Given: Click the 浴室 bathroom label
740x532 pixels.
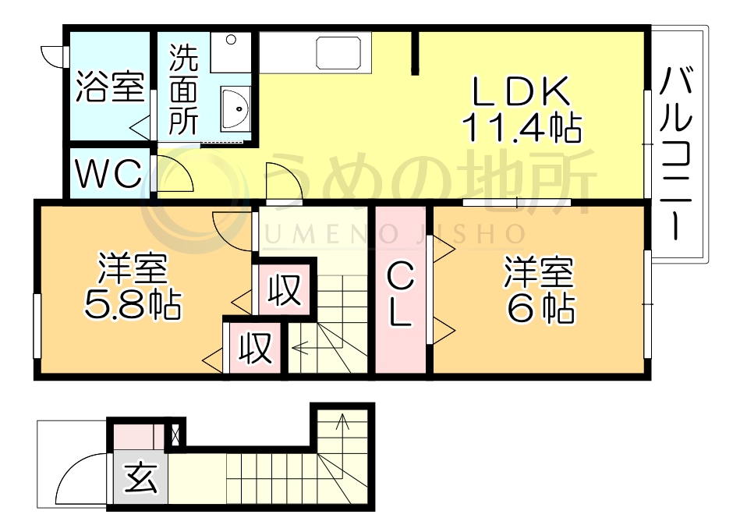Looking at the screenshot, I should pyautogui.click(x=109, y=87).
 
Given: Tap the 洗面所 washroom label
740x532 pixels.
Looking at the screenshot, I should pyautogui.click(x=184, y=90).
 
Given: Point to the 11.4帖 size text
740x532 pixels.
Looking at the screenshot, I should pyautogui.click(x=522, y=127).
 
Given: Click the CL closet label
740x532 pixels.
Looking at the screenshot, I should pyautogui.click(x=400, y=296).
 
